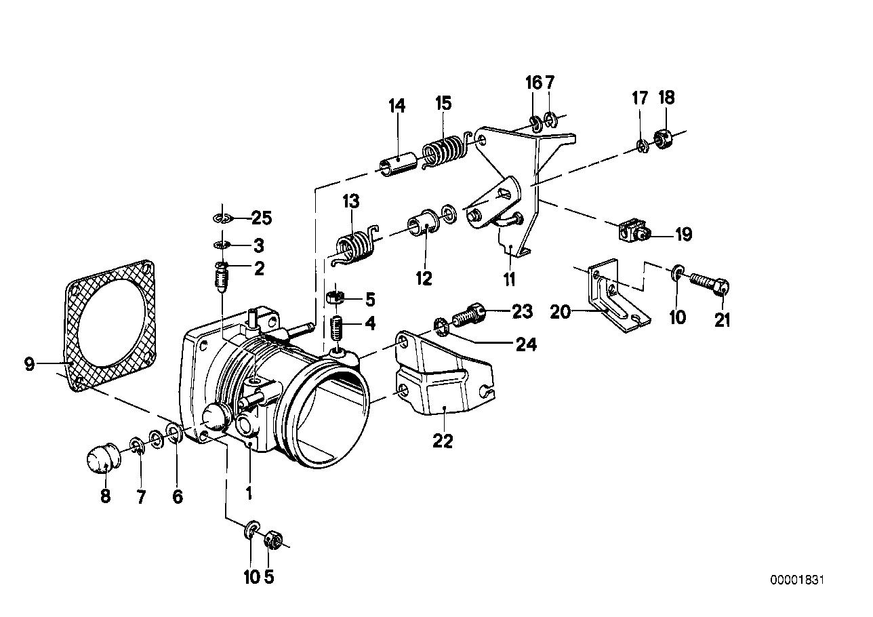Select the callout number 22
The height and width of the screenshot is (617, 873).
click(443, 441)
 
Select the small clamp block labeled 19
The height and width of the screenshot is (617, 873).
click(632, 232)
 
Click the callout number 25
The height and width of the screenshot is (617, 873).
click(261, 218)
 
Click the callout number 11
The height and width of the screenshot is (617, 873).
click(509, 278)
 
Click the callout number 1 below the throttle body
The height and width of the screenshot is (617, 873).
click(249, 494)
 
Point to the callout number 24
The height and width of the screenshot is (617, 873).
click(526, 344)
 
